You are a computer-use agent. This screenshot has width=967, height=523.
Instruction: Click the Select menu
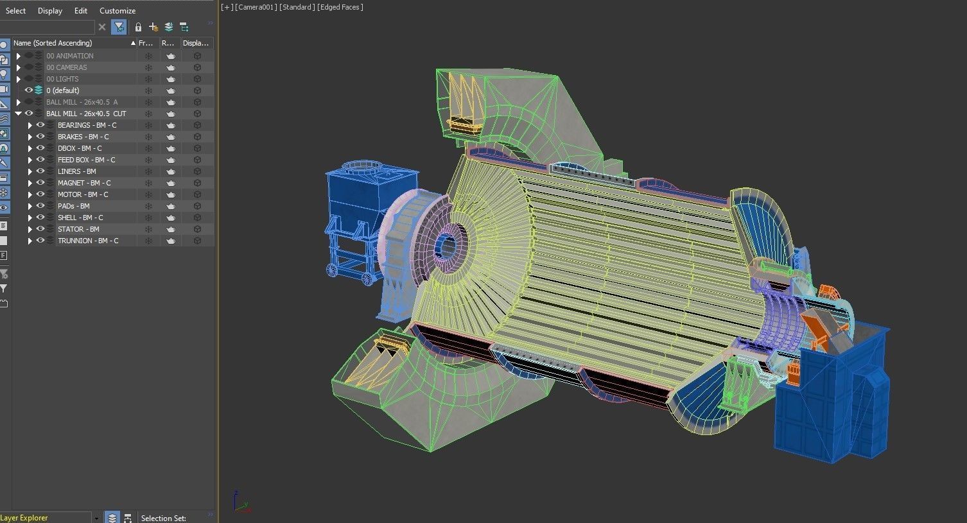(x=15, y=11)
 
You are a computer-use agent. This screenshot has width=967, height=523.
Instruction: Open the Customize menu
(x=118, y=11)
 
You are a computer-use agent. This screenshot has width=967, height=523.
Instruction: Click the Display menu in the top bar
(x=50, y=11)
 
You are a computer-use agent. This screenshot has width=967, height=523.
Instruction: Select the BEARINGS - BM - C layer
(x=87, y=125)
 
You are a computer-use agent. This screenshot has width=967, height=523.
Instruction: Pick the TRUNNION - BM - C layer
(x=88, y=241)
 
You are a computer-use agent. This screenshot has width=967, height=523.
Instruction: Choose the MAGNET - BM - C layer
(x=84, y=183)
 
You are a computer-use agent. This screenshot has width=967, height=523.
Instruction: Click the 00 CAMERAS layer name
(x=66, y=67)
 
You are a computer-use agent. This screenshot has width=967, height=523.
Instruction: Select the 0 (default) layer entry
(x=63, y=90)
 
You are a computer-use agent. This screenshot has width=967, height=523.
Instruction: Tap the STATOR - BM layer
(x=78, y=229)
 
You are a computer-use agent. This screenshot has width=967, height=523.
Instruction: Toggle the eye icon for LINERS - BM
(x=40, y=171)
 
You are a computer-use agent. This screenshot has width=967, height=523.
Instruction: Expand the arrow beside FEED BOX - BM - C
(x=30, y=160)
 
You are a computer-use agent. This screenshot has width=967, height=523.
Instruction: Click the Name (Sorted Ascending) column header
(x=53, y=43)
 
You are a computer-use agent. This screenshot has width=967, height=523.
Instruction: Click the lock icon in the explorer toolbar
(x=138, y=27)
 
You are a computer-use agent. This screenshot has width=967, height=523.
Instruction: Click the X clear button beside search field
(x=102, y=27)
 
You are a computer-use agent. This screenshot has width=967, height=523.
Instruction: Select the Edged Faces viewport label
(x=340, y=7)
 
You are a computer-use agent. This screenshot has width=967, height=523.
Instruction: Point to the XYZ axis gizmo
(x=241, y=502)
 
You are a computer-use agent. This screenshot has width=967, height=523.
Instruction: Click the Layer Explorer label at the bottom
(x=24, y=518)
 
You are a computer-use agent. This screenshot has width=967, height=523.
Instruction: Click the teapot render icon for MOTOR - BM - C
(x=171, y=194)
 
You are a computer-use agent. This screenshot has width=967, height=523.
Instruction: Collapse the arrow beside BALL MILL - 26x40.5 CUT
(x=19, y=114)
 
